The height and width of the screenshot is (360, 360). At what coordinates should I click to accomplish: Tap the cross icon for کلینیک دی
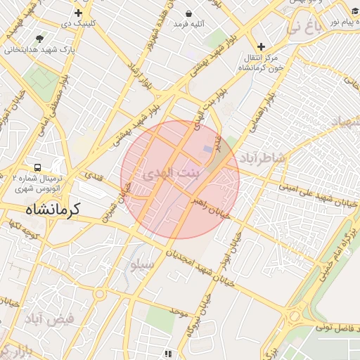(x=78, y=13)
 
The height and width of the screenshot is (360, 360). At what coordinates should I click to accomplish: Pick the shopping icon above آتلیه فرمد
(x=189, y=13)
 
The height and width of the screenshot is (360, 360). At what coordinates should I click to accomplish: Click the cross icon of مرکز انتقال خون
(x=261, y=46)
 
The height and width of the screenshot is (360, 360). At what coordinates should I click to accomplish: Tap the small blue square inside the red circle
(x=206, y=149)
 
